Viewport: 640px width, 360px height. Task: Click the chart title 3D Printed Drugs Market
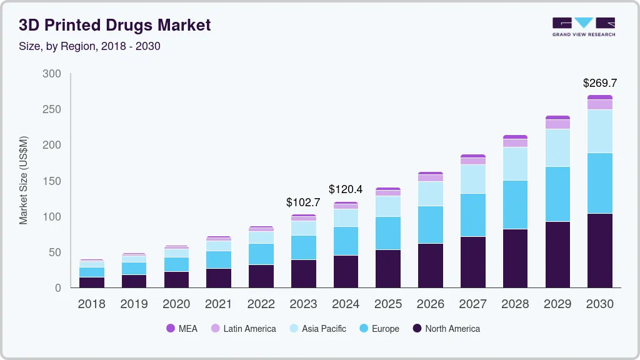click(x=115, y=25)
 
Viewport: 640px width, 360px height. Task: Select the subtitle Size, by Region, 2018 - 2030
click(x=89, y=46)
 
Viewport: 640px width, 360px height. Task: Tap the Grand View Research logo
click(x=584, y=27)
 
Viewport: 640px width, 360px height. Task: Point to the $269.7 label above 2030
click(x=599, y=83)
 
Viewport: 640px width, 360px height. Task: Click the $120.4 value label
click(x=346, y=188)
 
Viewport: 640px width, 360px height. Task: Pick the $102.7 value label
click(x=303, y=202)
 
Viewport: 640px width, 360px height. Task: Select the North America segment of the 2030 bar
click(x=599, y=251)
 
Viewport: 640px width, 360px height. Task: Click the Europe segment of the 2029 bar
click(x=557, y=194)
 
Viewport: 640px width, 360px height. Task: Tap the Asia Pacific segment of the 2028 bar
click(x=515, y=164)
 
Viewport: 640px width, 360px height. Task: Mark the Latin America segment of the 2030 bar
click(x=599, y=104)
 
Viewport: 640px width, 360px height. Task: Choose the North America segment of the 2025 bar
click(x=388, y=269)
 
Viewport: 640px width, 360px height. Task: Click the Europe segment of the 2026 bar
click(x=430, y=224)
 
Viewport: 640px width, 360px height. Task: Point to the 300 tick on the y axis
click(x=52, y=74)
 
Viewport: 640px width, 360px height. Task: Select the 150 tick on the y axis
click(x=52, y=181)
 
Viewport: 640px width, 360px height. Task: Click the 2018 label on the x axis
click(x=92, y=304)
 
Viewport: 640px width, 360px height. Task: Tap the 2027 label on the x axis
click(x=472, y=304)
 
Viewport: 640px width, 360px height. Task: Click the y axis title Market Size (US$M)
click(x=23, y=180)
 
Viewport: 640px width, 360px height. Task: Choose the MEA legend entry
click(x=181, y=329)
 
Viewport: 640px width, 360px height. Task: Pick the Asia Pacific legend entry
click(x=317, y=329)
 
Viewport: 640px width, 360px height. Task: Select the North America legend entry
click(x=446, y=329)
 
